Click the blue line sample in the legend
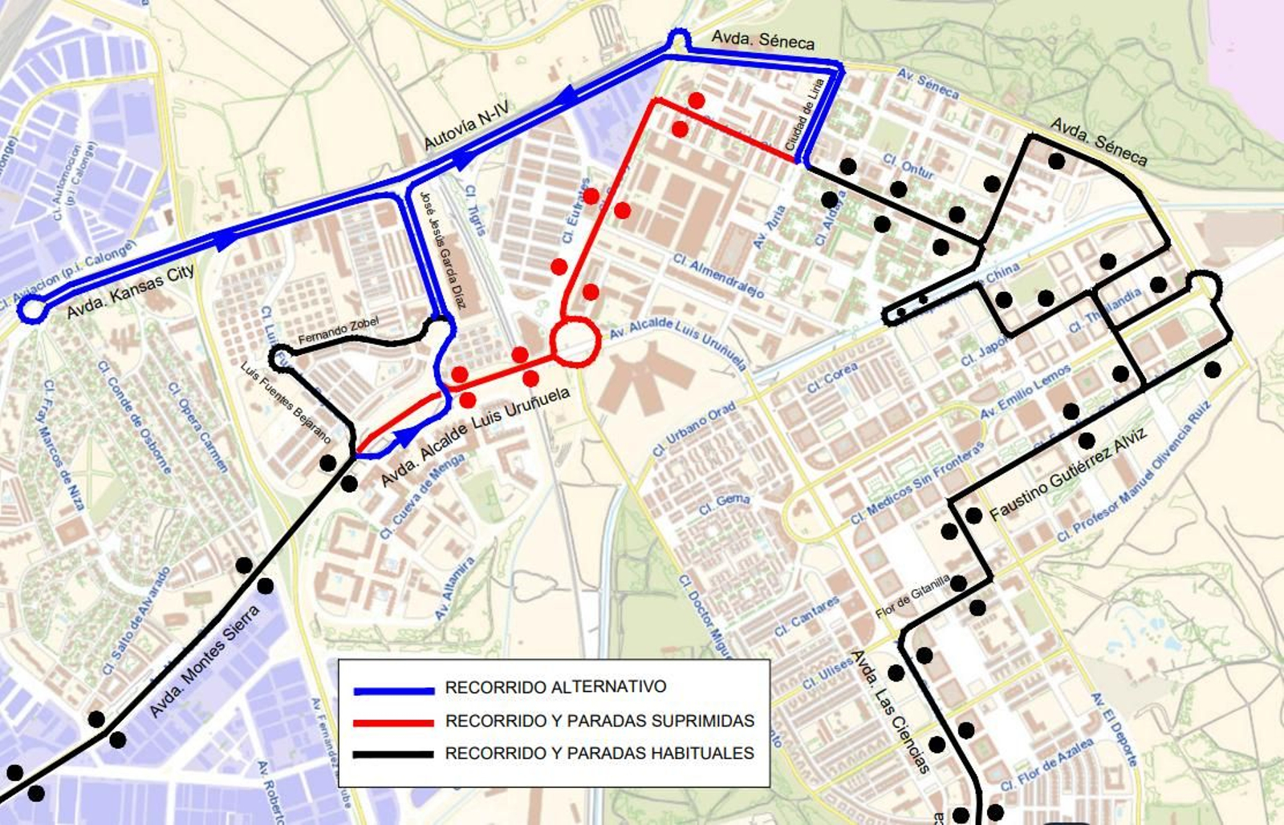394,690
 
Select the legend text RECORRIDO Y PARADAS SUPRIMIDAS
599,721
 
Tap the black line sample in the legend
394,754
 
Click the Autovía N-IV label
466,126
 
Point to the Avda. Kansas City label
131,292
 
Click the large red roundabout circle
575,342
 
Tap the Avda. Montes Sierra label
205,661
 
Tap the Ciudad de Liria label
805,115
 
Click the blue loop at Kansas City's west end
31,309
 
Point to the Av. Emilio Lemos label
1026,390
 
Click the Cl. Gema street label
724,504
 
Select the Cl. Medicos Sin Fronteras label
916,484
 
